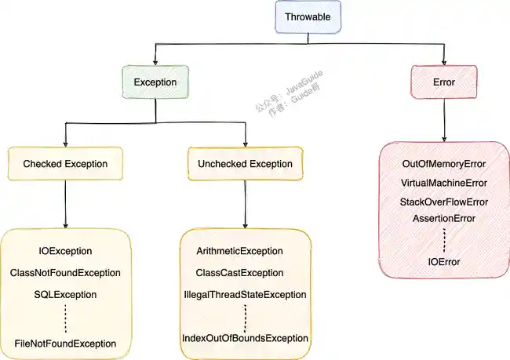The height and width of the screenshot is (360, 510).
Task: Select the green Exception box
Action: coord(155,82)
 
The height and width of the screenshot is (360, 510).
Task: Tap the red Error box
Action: coord(444,82)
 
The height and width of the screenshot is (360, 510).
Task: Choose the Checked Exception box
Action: coord(65,164)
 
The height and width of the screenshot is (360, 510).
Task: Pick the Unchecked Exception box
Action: coord(245,164)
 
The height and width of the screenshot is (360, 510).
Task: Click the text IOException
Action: coord(66,251)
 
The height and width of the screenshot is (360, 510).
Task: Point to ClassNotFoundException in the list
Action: coord(66,273)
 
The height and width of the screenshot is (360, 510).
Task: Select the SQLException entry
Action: coord(66,295)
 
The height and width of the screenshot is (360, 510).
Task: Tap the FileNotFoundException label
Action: coord(66,344)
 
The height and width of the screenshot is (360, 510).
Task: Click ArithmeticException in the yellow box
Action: coord(245,251)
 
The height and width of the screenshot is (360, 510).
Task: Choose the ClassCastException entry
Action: coord(245,273)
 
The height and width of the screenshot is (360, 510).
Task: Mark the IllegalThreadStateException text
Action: coord(245,295)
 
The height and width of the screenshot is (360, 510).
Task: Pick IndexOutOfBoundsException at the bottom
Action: coord(245,338)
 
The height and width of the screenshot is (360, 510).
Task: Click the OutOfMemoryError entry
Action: coord(444,165)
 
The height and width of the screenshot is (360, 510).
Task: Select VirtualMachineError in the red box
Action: coord(444,183)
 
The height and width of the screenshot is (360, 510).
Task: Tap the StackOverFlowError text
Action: coord(444,202)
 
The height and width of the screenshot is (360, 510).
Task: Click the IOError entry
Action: coord(444,261)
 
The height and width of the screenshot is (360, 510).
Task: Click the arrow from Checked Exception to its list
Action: coord(66,203)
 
